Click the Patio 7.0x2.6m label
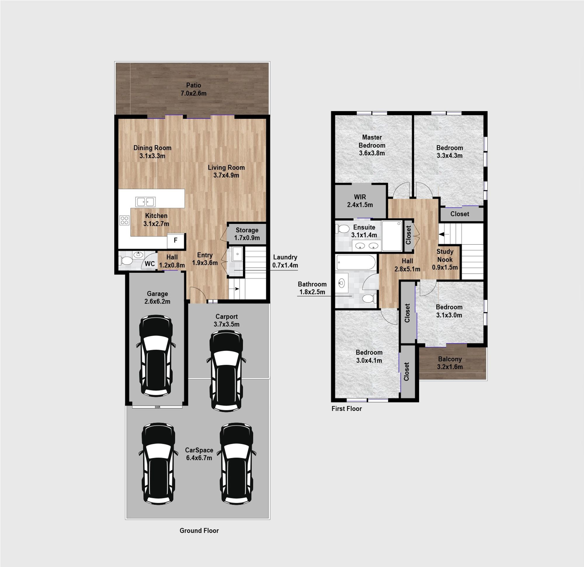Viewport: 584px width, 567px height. click(193, 89)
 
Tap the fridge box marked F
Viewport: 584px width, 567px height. click(175, 241)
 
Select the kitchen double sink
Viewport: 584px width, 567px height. click(145, 202)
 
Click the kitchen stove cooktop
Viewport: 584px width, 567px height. click(125, 220)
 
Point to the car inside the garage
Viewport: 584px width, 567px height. click(157, 356)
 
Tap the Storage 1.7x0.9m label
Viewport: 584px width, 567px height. click(247, 234)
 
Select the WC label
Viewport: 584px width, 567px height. click(150, 264)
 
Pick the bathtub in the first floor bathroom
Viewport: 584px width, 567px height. click(356, 262)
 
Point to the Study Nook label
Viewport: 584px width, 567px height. click(445, 255)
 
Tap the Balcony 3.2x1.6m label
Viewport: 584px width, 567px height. click(450, 363)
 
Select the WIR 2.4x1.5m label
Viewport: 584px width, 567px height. click(360, 201)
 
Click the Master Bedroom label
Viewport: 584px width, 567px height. click(372, 141)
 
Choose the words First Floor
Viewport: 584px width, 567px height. click(347, 408)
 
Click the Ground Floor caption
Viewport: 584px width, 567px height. click(199, 530)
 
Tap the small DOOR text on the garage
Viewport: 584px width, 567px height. click(157, 407)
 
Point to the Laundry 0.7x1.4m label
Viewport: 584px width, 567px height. click(285, 261)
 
